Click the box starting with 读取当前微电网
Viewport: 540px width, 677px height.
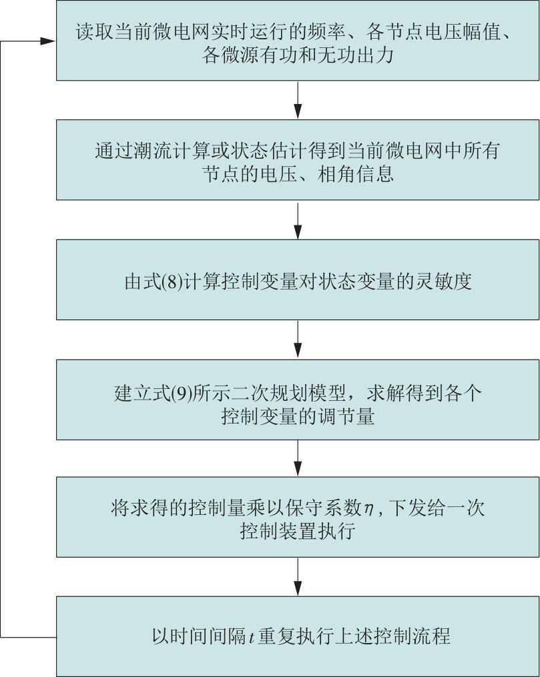pyautogui.click(x=298, y=40)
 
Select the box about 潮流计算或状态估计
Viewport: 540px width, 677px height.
pyautogui.click(x=298, y=160)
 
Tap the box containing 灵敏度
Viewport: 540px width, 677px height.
pyautogui.click(x=298, y=279)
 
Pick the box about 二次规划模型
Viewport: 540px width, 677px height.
pyautogui.click(x=298, y=400)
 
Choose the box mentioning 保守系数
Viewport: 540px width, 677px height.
pyautogui.click(x=298, y=517)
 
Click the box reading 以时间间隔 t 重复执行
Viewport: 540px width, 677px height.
pyautogui.click(x=298, y=636)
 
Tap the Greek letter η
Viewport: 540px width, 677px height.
pyautogui.click(x=368, y=510)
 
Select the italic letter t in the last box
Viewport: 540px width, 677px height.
pyautogui.click(x=252, y=637)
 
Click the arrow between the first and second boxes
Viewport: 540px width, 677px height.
pyautogui.click(x=298, y=100)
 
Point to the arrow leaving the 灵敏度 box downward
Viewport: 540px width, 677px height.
pyautogui.click(x=298, y=340)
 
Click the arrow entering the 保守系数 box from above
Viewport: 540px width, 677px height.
pyautogui.click(x=298, y=458)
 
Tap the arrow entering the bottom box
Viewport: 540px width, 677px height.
pyautogui.click(x=298, y=576)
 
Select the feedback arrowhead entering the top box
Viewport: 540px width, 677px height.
pyautogui.click(x=47, y=41)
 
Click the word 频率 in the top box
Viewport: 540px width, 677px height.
pyautogui.click(x=328, y=31)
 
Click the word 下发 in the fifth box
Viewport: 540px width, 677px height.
pyautogui.click(x=407, y=508)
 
